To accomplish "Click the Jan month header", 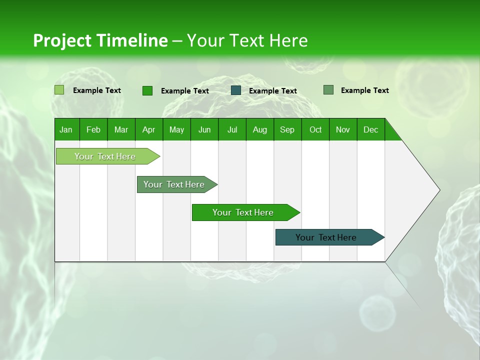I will (66, 129).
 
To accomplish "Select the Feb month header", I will (93, 129).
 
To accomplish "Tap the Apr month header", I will (148, 129).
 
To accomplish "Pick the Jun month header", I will (204, 129).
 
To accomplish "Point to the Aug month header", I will (259, 129).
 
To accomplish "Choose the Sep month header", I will (287, 129).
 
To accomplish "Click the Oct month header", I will (315, 129).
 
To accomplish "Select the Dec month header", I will (370, 129).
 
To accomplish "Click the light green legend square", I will (59, 90).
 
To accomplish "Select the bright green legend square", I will (147, 90).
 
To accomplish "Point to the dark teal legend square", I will (236, 90).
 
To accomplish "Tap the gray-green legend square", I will (328, 90).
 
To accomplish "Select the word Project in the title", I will (62, 40).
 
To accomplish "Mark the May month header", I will (176, 129).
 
